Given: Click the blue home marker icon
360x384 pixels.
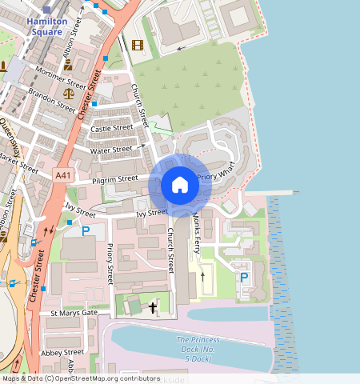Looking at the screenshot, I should (180, 186).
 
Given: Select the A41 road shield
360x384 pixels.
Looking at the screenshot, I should (63, 174).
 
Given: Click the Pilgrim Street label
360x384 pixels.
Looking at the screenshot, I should (115, 180).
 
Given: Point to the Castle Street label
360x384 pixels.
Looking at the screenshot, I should (111, 128).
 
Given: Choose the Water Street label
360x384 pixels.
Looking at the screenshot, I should (110, 150).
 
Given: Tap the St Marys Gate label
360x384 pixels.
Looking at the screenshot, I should (74, 313).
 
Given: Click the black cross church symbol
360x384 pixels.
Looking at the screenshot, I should (153, 306).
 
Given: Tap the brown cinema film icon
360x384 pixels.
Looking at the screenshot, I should (137, 44).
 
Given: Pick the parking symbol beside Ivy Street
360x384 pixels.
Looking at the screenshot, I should (86, 231).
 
